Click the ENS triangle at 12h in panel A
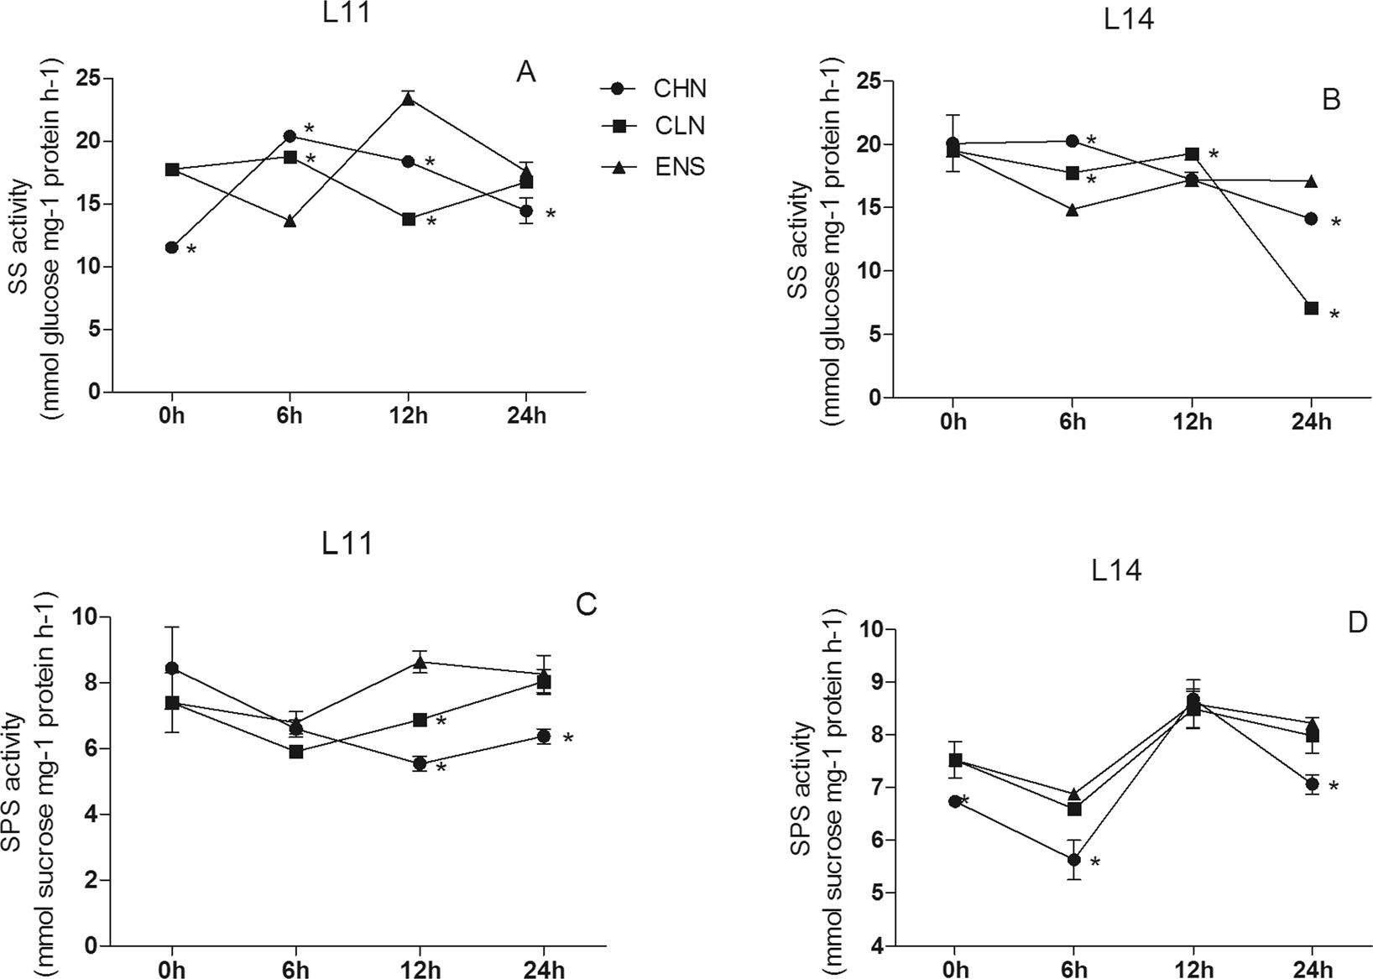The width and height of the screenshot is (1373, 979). (408, 99)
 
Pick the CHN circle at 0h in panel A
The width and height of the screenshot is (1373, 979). (172, 247)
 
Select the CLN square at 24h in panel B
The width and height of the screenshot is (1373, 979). (1311, 309)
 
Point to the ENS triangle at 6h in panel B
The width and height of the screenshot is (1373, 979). (1073, 211)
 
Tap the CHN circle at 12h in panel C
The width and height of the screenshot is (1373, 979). (420, 763)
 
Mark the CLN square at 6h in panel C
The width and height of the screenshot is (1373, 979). (296, 752)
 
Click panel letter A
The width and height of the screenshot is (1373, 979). (525, 73)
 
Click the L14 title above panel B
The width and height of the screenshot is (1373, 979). (1129, 19)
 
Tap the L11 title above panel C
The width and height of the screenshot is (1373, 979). (347, 544)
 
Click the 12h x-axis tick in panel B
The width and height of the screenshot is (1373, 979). (1192, 421)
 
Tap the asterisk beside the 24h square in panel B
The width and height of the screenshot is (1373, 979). (1334, 315)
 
